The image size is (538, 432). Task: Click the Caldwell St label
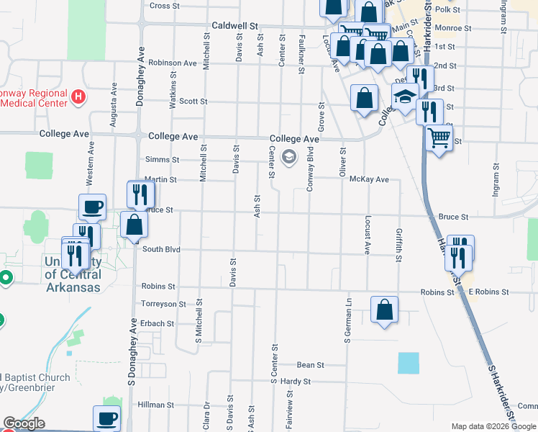pos(234,25)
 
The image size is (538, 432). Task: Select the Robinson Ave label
pos(173,63)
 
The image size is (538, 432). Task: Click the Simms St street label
pos(162,160)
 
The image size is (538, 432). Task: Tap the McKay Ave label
pos(368,179)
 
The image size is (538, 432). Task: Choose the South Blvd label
pos(160,250)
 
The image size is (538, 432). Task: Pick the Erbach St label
pos(158,324)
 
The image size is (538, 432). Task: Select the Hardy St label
pos(295,382)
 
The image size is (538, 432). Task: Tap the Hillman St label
pos(156,405)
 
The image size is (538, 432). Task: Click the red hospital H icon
pos(79,95)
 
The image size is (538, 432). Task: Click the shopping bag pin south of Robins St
pos(385,309)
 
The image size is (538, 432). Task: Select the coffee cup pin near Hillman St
pos(107,418)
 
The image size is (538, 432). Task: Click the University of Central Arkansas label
pos(72,274)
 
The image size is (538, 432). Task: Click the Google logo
pos(24,423)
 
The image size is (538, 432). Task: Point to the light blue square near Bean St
pos(408,364)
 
